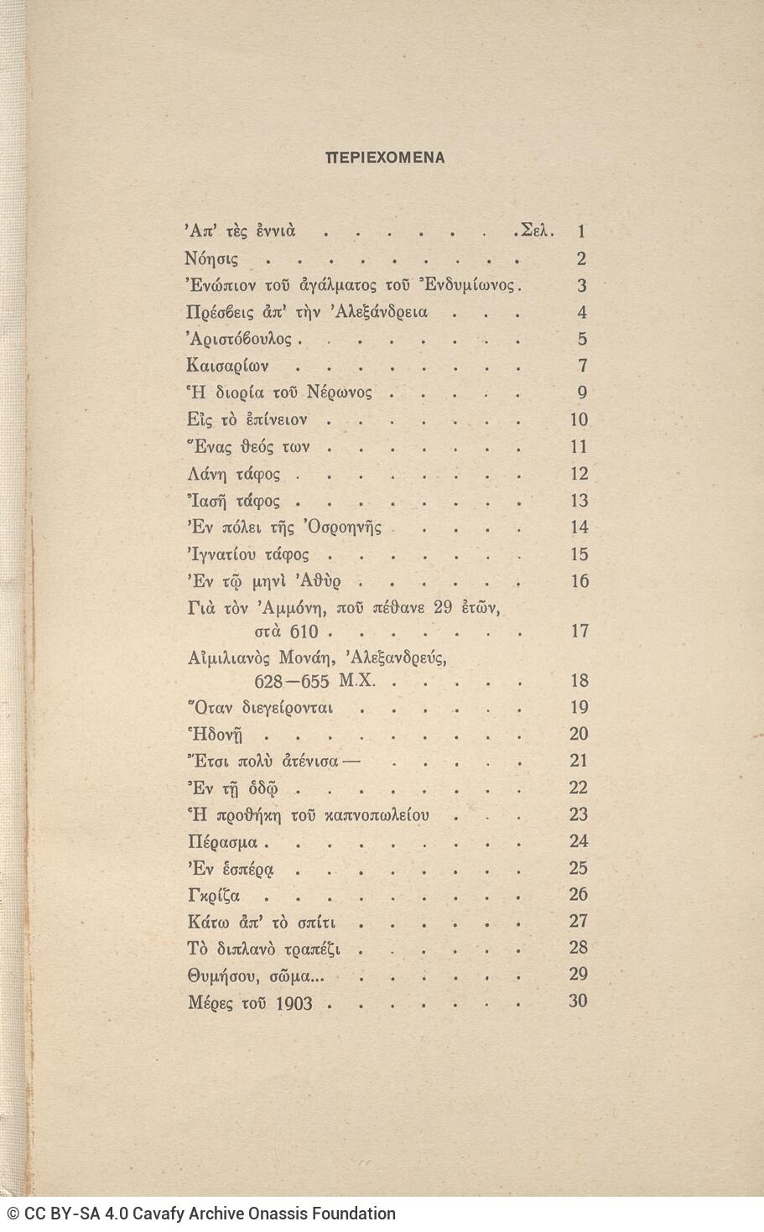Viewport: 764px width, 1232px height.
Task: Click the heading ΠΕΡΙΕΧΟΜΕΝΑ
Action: tap(386, 157)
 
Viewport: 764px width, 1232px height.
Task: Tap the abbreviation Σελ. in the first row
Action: tap(537, 231)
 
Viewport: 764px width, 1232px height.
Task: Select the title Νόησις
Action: tap(210, 259)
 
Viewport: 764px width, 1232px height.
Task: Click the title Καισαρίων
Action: tap(226, 366)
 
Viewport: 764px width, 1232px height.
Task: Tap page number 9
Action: tap(582, 392)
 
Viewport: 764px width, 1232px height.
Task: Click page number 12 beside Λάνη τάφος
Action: tap(579, 474)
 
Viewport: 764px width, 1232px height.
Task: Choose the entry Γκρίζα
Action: tap(215, 895)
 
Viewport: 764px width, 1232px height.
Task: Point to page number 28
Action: tap(579, 948)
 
